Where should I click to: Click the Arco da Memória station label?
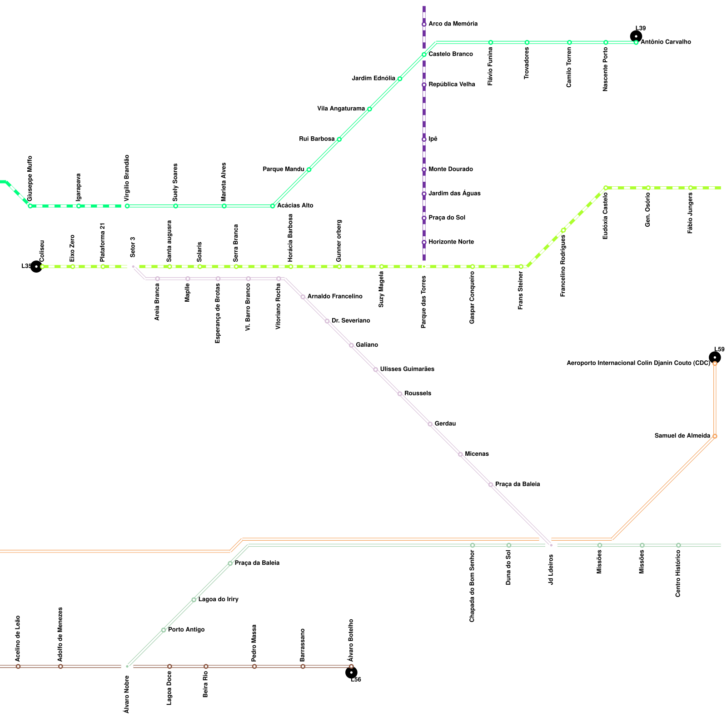[x=453, y=24]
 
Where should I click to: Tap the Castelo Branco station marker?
[x=424, y=55]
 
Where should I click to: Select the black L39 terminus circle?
[x=636, y=36]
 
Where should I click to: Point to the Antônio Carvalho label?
[x=666, y=42]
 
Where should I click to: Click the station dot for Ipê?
[x=424, y=139]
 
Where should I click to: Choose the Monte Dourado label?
[x=451, y=169]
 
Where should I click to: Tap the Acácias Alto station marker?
[x=273, y=206]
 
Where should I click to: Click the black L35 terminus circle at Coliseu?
[x=36, y=267]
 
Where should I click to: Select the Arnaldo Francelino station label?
[x=335, y=297]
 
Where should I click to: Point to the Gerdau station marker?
[x=430, y=424]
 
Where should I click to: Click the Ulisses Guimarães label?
[x=407, y=369]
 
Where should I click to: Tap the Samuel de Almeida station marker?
[x=715, y=436]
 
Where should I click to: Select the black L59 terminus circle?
[x=715, y=357]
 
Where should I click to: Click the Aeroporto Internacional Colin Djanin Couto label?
[x=638, y=363]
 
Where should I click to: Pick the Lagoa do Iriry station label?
[x=219, y=600]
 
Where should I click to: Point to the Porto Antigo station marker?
[x=164, y=630]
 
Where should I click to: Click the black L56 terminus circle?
[x=351, y=672]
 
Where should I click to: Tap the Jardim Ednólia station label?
[x=373, y=79]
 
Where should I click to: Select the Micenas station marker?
[x=460, y=454]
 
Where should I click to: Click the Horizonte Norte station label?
[x=451, y=242]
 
